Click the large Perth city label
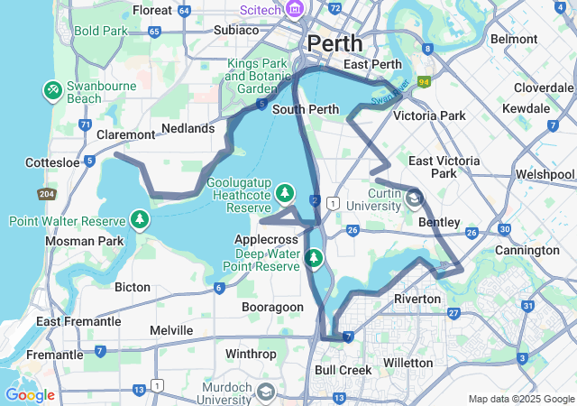point(334,42)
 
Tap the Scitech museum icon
point(294,9)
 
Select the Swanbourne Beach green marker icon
point(52,90)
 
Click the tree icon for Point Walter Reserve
point(140,219)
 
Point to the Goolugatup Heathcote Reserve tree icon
point(285,192)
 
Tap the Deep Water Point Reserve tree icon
point(313,259)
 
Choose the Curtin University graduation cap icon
point(414,197)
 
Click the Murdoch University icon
point(266,392)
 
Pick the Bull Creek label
point(343,370)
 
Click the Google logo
point(30,395)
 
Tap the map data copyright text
point(520,399)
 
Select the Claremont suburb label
point(125,134)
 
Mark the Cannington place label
point(527,250)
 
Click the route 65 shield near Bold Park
point(154,31)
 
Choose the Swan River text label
point(389,90)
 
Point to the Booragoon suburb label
point(272,307)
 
